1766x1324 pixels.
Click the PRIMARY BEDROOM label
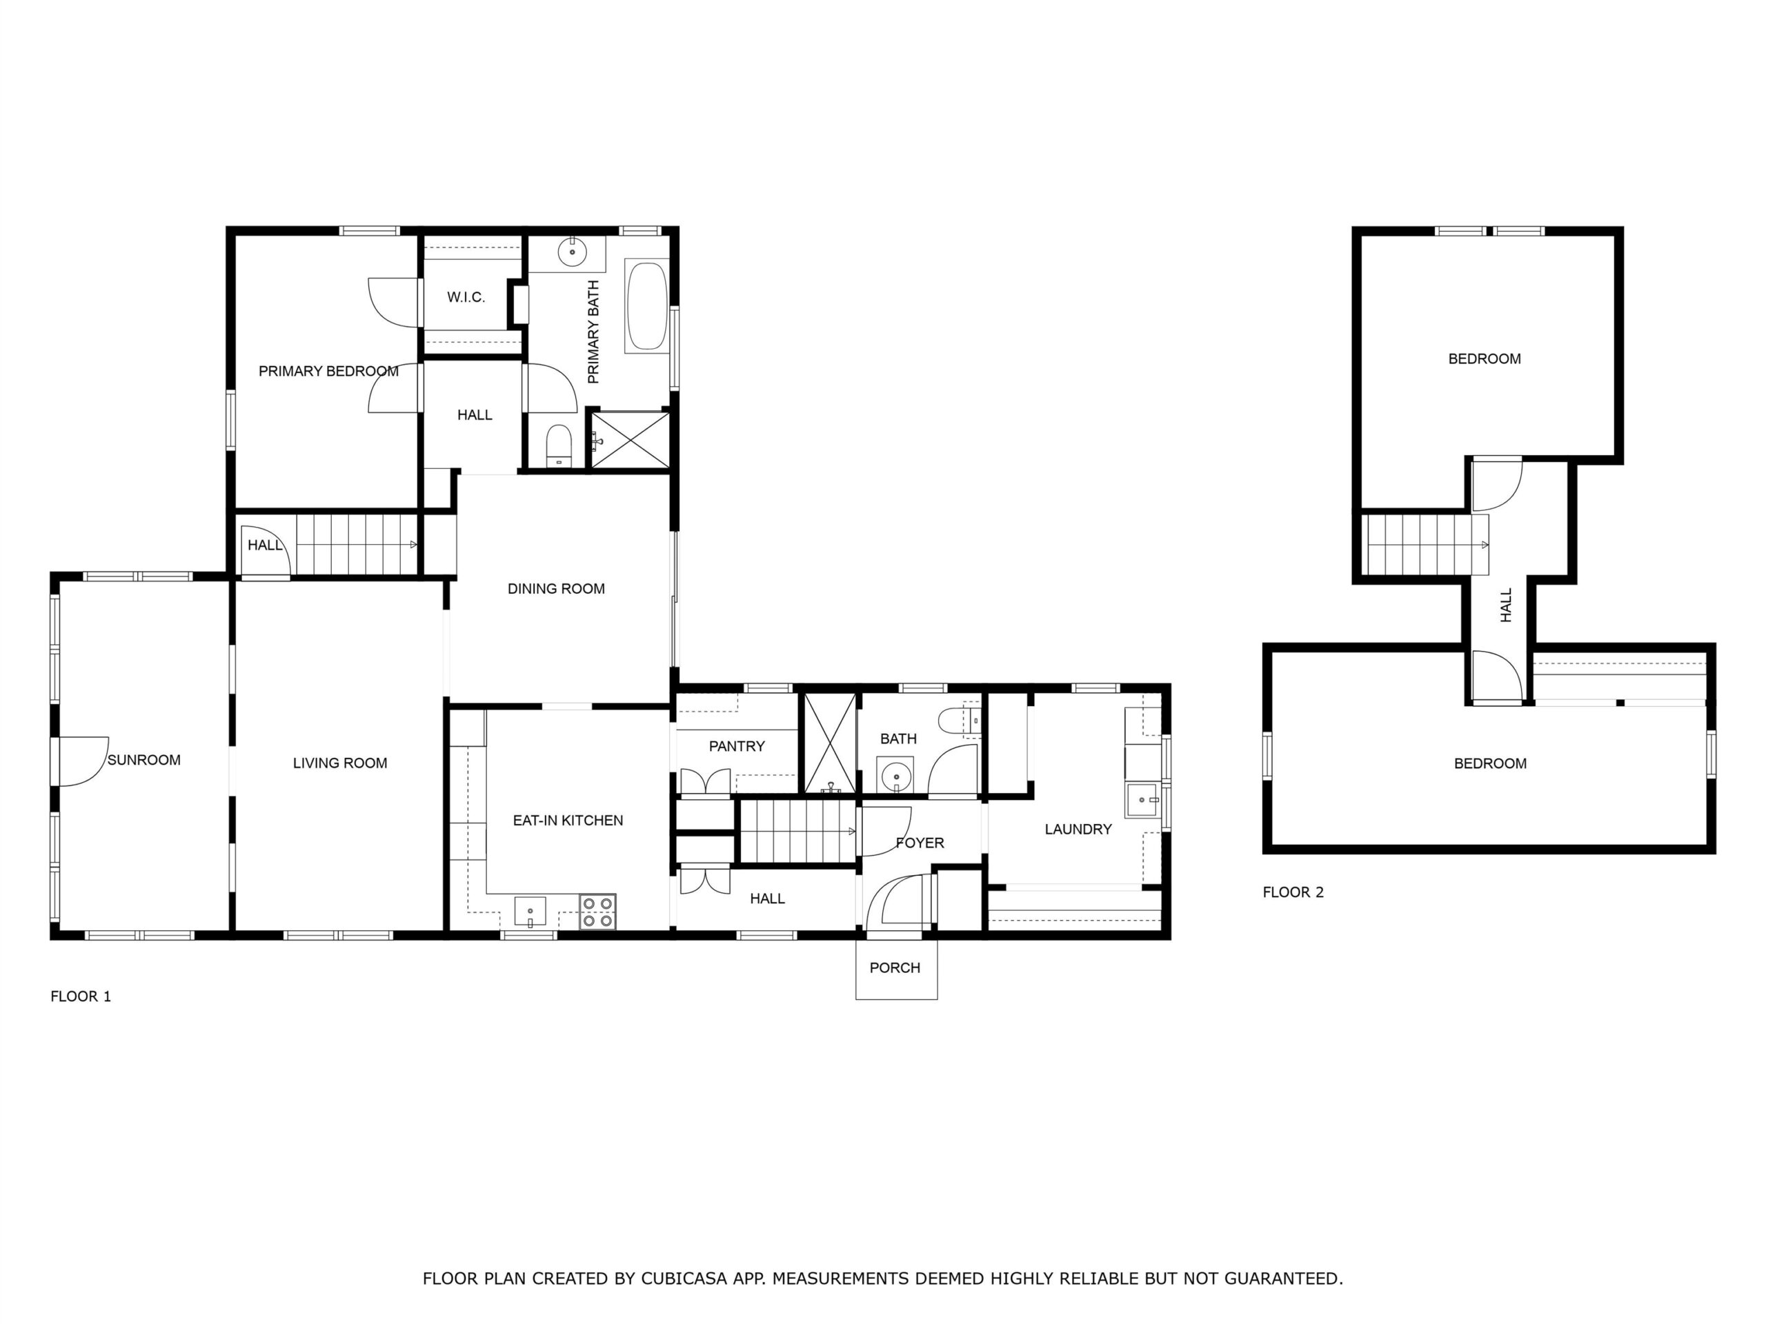(328, 371)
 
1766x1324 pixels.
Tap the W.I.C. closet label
(466, 297)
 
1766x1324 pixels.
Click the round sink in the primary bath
(573, 252)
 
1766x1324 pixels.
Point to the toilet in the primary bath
(559, 445)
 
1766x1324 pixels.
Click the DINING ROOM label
(557, 589)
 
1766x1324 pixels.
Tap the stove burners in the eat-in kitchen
(597, 912)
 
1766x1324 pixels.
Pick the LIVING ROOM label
(340, 763)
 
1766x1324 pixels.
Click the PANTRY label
(737, 746)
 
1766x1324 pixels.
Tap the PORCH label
(895, 967)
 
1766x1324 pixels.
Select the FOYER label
(920, 843)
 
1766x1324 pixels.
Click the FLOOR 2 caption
(1293, 892)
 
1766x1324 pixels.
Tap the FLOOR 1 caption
(81, 996)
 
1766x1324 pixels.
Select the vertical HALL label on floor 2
(1507, 605)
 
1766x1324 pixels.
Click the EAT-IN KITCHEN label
(568, 821)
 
